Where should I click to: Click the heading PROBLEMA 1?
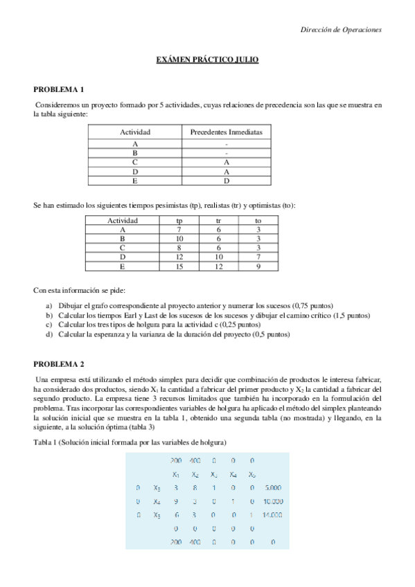(x=59, y=89)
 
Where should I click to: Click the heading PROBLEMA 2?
(x=59, y=363)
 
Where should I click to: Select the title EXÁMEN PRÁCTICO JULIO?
(x=207, y=60)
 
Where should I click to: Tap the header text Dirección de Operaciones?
(x=341, y=29)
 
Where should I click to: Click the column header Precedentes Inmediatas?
(x=227, y=132)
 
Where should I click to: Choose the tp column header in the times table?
(x=179, y=220)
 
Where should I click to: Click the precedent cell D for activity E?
(x=227, y=181)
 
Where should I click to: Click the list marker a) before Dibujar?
(x=49, y=305)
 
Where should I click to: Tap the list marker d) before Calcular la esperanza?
(x=49, y=334)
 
